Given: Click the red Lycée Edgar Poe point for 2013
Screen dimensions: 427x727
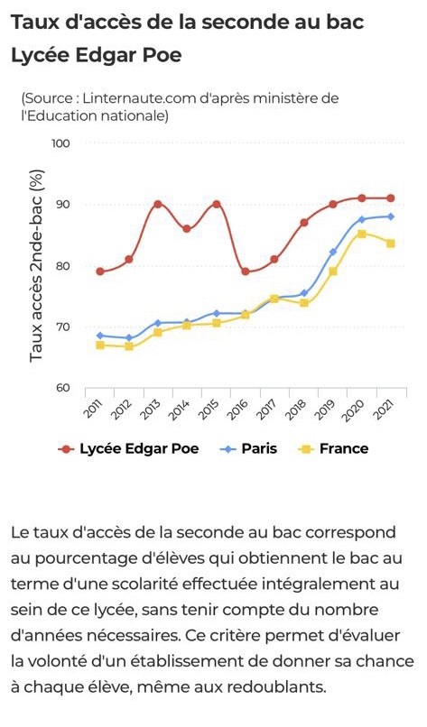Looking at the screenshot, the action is point(158,204).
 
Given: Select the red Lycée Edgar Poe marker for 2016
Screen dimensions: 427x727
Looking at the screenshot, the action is point(246,271).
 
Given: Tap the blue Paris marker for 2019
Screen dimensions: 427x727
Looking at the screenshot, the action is point(333,252).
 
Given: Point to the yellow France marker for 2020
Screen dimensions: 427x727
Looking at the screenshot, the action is point(362,235).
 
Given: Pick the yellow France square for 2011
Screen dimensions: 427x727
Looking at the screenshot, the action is point(100,345).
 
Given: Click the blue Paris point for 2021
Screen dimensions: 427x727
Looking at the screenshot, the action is point(391,216).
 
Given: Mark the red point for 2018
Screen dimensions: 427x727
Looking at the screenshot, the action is point(304,223).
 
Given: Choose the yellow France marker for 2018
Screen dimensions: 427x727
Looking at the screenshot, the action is point(304,303).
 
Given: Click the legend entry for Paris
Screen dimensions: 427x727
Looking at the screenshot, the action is point(248,449).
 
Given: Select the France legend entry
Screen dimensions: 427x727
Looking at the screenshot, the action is point(333,449).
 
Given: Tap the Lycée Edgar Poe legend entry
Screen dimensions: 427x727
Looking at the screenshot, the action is point(128,449).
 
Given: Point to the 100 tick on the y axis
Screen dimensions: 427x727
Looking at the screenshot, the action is point(60,143).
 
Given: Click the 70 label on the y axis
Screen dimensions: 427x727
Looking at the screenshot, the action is point(62,327).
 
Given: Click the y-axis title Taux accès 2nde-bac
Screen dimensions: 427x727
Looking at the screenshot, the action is point(37,266).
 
